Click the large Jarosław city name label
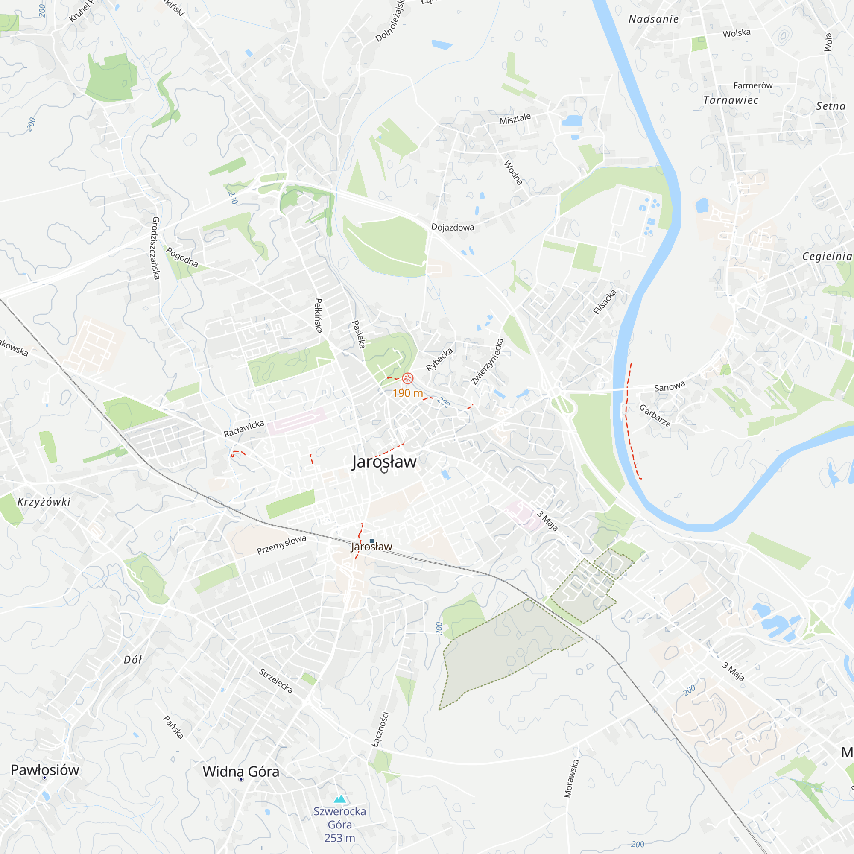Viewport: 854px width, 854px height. pyautogui.click(x=384, y=462)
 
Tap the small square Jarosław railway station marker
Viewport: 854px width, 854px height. pyautogui.click(x=371, y=541)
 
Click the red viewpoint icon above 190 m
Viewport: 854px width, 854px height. pyautogui.click(x=407, y=378)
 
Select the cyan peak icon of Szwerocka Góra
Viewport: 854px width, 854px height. pyautogui.click(x=339, y=799)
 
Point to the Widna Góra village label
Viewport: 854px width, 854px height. pyautogui.click(x=241, y=772)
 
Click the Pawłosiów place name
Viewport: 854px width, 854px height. pyautogui.click(x=45, y=770)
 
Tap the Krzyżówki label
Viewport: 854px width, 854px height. pyautogui.click(x=44, y=502)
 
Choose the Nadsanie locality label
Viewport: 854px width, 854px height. pyautogui.click(x=653, y=19)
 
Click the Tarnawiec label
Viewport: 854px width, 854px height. pyautogui.click(x=731, y=100)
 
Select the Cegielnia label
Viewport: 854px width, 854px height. pyautogui.click(x=827, y=256)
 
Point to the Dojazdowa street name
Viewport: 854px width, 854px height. pyautogui.click(x=452, y=227)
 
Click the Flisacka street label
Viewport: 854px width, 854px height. pyautogui.click(x=604, y=302)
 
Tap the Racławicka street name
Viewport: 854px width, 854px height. pyautogui.click(x=243, y=428)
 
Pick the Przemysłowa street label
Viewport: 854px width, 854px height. pyautogui.click(x=281, y=544)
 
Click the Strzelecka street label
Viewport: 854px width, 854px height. pyautogui.click(x=276, y=681)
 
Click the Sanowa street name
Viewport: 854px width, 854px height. pyautogui.click(x=669, y=387)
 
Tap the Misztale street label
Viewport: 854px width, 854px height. pyautogui.click(x=515, y=118)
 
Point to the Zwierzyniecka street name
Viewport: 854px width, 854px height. pyautogui.click(x=487, y=362)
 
